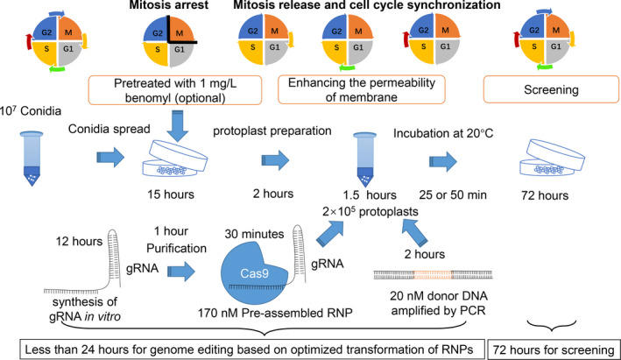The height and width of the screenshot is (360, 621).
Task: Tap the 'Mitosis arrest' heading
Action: [x=169, y=5]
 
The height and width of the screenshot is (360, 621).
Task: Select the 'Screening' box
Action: [x=551, y=89]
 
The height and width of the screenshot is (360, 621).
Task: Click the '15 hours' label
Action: [x=171, y=194]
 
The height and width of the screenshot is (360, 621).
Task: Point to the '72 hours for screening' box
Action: [x=554, y=349]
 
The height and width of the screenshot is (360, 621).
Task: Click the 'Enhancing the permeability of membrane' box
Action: [x=362, y=90]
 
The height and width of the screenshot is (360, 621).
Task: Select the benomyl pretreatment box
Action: [x=175, y=90]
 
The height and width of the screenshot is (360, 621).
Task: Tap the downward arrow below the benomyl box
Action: [x=177, y=125]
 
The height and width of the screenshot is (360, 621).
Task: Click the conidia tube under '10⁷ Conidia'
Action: [x=32, y=159]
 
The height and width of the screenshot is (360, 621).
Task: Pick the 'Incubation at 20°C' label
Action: [x=443, y=133]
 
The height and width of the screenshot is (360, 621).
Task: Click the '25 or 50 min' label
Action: [x=453, y=194]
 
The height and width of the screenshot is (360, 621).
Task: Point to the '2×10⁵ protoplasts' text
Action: [x=370, y=211]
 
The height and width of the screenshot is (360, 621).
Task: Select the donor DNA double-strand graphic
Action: [x=433, y=274]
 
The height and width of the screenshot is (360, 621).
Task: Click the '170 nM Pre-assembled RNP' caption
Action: [x=275, y=313]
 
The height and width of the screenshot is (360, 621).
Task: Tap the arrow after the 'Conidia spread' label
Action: [x=110, y=158]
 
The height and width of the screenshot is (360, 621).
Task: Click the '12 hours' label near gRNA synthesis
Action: [x=79, y=241]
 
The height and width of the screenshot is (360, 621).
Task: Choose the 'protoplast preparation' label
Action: [x=272, y=131]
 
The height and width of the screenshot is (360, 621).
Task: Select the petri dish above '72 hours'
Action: [x=552, y=158]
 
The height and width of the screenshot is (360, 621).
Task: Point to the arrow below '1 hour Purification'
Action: [x=181, y=272]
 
